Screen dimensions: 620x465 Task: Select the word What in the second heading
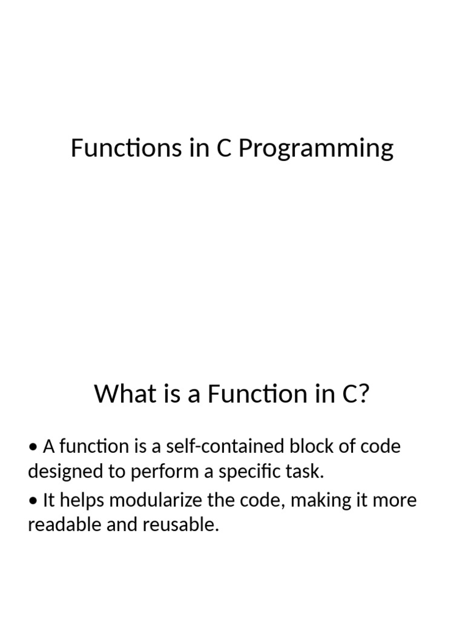pyautogui.click(x=119, y=395)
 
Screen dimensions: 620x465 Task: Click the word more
pyautogui.click(x=398, y=501)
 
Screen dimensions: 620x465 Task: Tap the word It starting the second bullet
pyautogui.click(x=49, y=501)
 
